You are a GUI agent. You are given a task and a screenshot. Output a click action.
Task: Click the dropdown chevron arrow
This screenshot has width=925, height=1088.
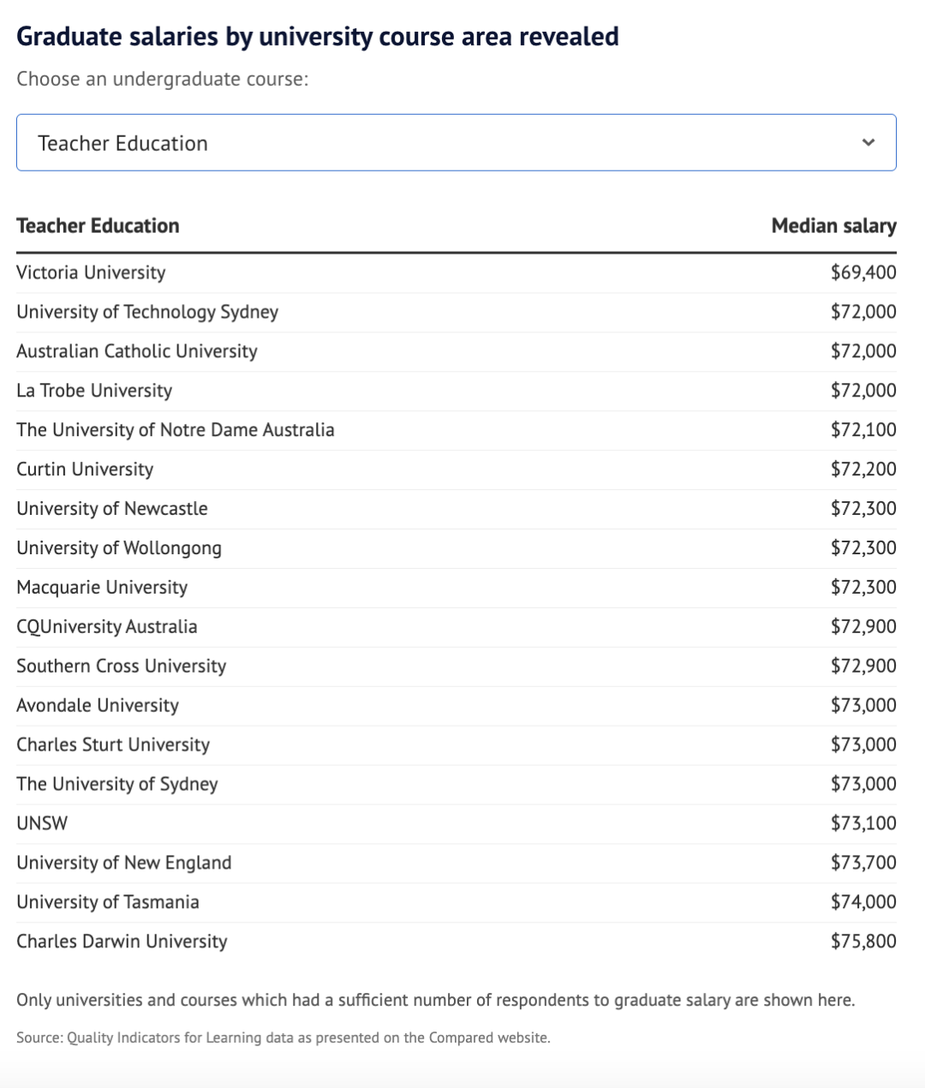(x=868, y=142)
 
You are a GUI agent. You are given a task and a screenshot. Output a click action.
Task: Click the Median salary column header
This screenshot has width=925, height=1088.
(x=833, y=225)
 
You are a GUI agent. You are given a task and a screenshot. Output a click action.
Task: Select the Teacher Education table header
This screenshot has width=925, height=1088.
(x=98, y=225)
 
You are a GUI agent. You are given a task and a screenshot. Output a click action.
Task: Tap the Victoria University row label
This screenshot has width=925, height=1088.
(x=91, y=272)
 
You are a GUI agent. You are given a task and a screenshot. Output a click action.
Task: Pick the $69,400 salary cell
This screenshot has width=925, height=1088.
(x=863, y=272)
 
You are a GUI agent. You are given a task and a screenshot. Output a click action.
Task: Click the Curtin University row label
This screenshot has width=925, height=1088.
(x=85, y=469)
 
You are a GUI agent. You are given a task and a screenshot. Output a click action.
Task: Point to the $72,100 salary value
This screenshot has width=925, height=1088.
(x=863, y=430)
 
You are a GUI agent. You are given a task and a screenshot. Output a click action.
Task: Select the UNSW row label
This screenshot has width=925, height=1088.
(x=42, y=823)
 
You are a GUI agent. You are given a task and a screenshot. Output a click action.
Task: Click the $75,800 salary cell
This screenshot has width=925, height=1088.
(x=863, y=942)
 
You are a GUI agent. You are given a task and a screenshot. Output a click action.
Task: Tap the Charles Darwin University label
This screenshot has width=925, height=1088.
(x=122, y=942)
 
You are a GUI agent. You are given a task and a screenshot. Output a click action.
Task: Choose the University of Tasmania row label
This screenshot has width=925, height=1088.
(x=108, y=902)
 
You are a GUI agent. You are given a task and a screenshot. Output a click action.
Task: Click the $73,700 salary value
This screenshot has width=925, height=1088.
(x=863, y=863)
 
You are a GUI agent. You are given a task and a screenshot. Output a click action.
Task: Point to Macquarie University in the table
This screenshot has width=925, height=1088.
(x=102, y=588)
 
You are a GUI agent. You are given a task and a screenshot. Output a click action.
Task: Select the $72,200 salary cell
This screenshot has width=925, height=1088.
(x=863, y=469)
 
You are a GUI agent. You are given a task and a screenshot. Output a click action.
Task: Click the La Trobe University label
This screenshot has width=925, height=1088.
(x=94, y=391)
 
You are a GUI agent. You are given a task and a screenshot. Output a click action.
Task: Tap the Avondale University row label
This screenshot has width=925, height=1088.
(x=98, y=706)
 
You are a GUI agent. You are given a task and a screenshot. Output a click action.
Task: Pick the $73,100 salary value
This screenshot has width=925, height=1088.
(x=863, y=823)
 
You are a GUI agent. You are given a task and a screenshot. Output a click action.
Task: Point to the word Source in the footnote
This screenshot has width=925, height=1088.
(x=38, y=1037)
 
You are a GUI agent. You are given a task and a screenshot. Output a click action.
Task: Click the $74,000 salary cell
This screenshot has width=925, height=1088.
(x=863, y=902)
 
